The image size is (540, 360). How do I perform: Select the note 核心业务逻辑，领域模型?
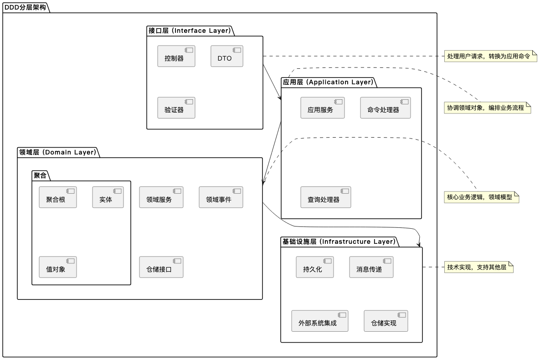[x=482, y=197]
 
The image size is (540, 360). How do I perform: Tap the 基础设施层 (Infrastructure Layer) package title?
[x=339, y=242]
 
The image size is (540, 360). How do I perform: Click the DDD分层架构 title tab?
[x=25, y=7]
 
